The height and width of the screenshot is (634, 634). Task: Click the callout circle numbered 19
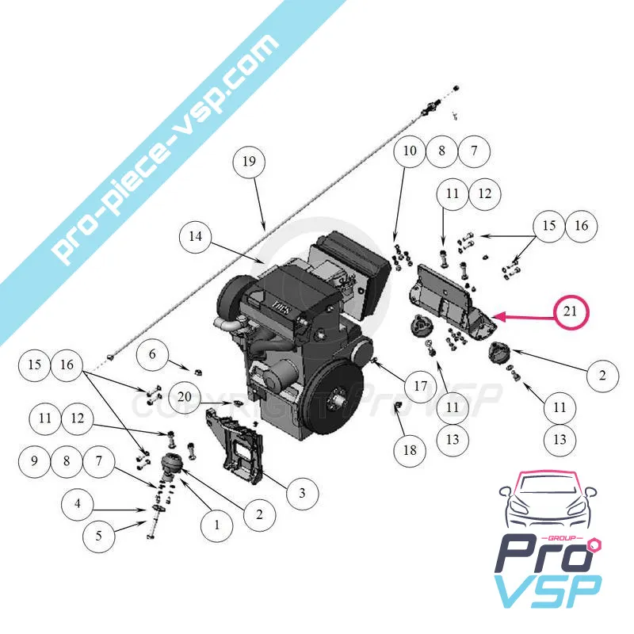pos(249,162)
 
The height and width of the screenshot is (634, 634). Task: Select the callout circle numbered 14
pos(196,236)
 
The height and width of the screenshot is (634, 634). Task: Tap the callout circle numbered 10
pos(409,151)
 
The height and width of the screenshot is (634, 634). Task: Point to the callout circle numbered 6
pos(153,355)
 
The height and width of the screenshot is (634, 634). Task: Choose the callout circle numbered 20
pos(184,397)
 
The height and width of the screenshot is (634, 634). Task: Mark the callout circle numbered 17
pos(420,386)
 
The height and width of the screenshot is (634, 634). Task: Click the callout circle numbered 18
pos(410,450)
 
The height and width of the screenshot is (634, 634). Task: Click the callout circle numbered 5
pos(99,536)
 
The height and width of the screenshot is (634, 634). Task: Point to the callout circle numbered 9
pos(33,460)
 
